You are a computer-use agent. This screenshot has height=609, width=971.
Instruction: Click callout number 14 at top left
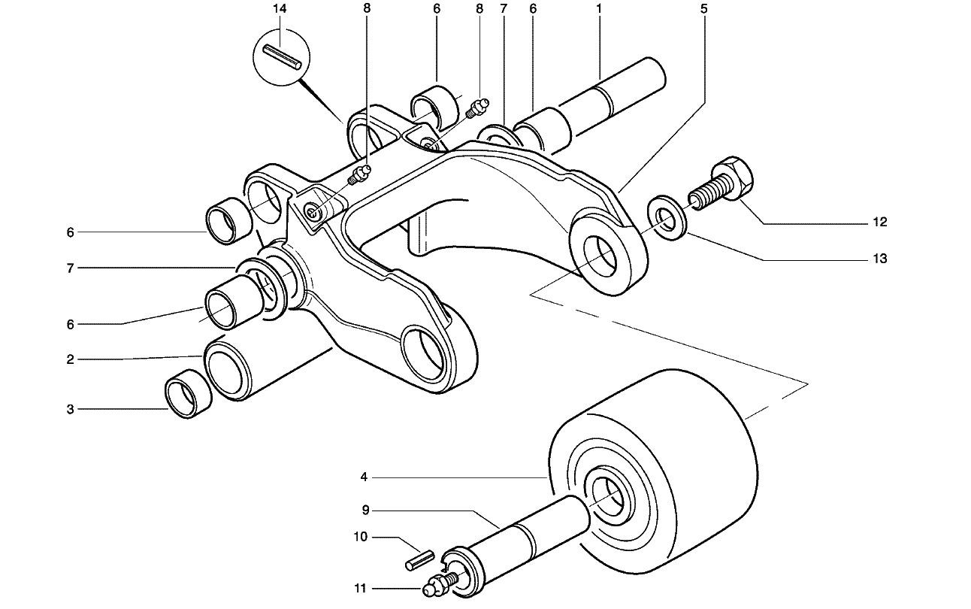[280, 9]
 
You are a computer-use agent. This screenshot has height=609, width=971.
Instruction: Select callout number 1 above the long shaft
[599, 8]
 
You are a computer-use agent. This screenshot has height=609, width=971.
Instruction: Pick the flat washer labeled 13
[667, 218]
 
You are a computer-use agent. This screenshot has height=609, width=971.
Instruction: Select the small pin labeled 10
[419, 560]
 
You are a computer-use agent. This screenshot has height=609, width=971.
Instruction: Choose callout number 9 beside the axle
[365, 511]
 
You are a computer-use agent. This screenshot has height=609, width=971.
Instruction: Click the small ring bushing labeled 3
[189, 394]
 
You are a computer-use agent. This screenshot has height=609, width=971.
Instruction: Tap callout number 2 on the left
[70, 359]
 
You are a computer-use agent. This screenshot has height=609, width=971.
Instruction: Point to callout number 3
[70, 410]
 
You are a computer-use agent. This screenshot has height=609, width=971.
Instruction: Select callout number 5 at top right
[703, 8]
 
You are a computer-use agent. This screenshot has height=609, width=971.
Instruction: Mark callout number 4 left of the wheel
[364, 477]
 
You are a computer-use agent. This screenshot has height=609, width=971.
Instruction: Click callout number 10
[361, 537]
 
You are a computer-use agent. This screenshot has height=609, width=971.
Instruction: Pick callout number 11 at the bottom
[361, 589]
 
